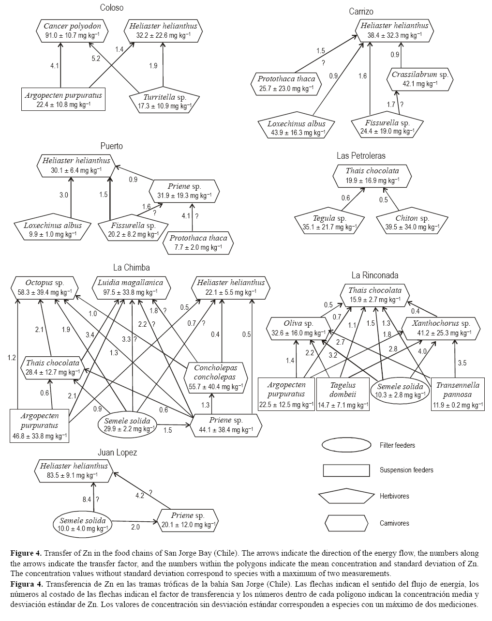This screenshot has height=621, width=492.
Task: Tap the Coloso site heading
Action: point(112,8)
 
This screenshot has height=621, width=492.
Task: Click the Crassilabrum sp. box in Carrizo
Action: point(420,79)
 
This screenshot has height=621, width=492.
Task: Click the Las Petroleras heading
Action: point(361,156)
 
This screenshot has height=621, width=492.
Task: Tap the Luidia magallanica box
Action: point(131,287)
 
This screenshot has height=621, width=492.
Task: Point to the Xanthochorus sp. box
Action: point(442,328)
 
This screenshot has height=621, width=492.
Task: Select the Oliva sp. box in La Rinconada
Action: point(299,328)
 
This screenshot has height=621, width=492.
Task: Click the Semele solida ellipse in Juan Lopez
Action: point(83,525)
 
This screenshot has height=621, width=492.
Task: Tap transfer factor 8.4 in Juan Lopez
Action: point(87,500)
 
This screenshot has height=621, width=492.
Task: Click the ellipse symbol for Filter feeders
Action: point(346,445)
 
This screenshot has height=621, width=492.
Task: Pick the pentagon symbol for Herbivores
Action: point(346,497)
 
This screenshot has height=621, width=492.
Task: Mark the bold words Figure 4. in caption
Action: point(26,553)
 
